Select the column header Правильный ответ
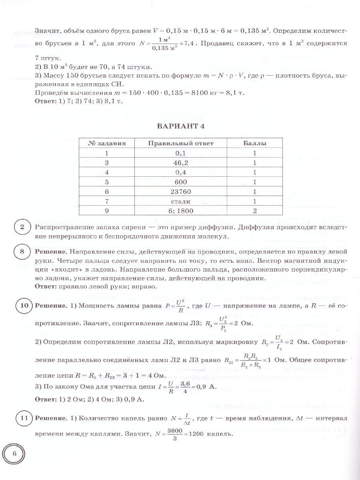(x=181, y=143)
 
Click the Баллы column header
(x=255, y=143)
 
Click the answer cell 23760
(x=181, y=192)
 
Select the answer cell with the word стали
(x=181, y=201)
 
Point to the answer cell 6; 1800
(x=181, y=211)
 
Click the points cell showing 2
(x=255, y=211)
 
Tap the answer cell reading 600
(x=181, y=182)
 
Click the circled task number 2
(x=22, y=228)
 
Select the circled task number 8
(x=22, y=252)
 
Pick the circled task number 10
(x=24, y=306)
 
